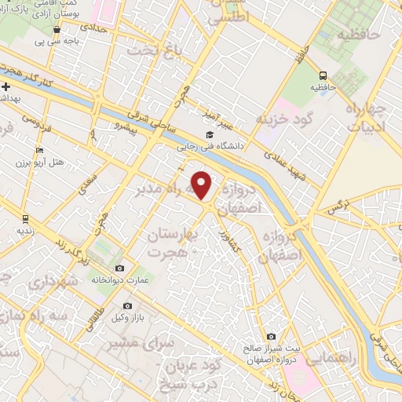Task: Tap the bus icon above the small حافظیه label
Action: [324, 75]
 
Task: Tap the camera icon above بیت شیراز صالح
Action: [272, 337]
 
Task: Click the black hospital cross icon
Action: [5, 86]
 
